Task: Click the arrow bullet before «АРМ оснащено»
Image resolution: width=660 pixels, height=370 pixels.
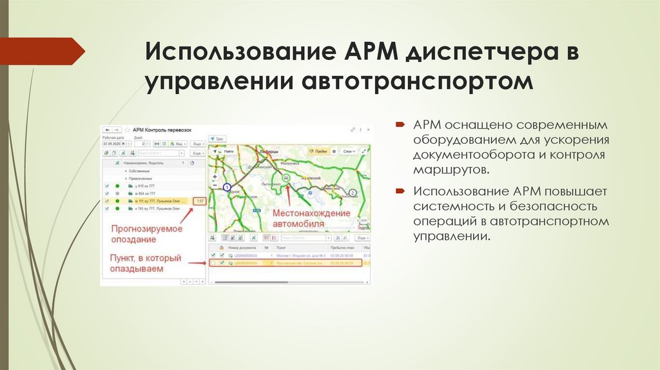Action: click(x=400, y=124)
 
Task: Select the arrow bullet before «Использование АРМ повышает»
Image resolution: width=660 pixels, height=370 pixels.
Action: click(x=400, y=191)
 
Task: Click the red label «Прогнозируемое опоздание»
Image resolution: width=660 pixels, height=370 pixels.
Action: click(x=146, y=233)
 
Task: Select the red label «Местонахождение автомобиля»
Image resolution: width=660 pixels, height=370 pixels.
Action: click(x=311, y=219)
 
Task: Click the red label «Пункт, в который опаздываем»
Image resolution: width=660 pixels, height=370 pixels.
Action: click(x=146, y=264)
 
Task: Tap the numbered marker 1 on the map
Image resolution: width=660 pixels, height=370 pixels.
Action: click(x=226, y=187)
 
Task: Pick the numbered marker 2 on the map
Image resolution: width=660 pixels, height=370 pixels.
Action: click(x=353, y=192)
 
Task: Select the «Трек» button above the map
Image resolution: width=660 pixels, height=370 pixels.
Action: click(x=217, y=138)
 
